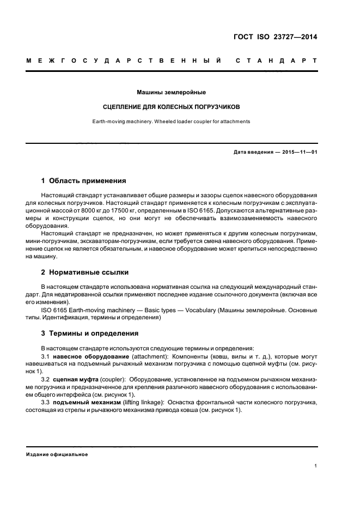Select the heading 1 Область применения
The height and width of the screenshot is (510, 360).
84,180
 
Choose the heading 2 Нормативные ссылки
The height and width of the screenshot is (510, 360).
85,272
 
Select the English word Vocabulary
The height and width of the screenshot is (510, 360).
198,310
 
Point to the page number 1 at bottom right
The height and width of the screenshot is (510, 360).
316,466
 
